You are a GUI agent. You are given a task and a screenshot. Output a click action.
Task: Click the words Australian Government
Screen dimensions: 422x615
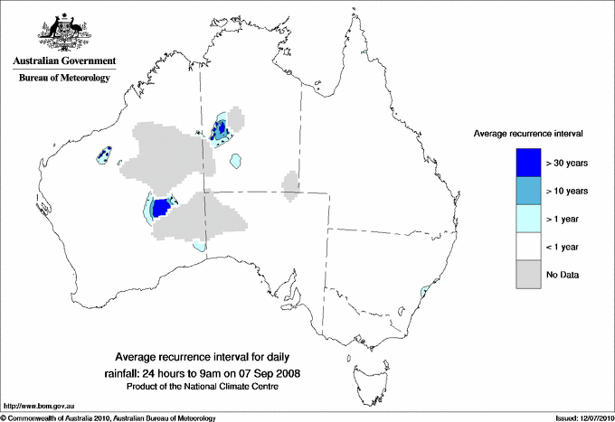(63, 61)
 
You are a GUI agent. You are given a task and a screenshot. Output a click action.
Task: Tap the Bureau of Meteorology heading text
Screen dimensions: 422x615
(63, 79)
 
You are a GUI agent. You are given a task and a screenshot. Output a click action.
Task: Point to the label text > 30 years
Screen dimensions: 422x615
(567, 164)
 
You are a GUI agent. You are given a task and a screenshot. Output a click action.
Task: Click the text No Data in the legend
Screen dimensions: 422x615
(563, 275)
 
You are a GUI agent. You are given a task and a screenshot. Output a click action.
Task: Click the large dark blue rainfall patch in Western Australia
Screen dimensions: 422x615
(163, 209)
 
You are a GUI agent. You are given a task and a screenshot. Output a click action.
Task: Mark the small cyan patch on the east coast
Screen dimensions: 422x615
(427, 290)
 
